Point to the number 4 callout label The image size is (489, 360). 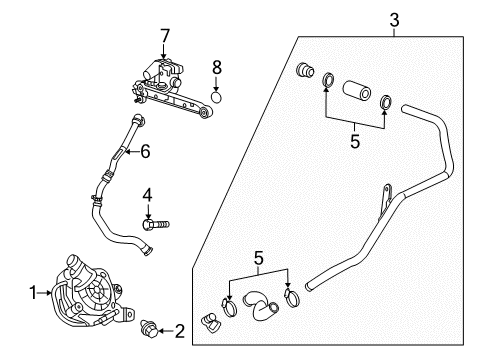point(147,193)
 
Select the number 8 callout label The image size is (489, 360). point(215,69)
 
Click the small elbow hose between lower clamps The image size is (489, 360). point(260,305)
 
